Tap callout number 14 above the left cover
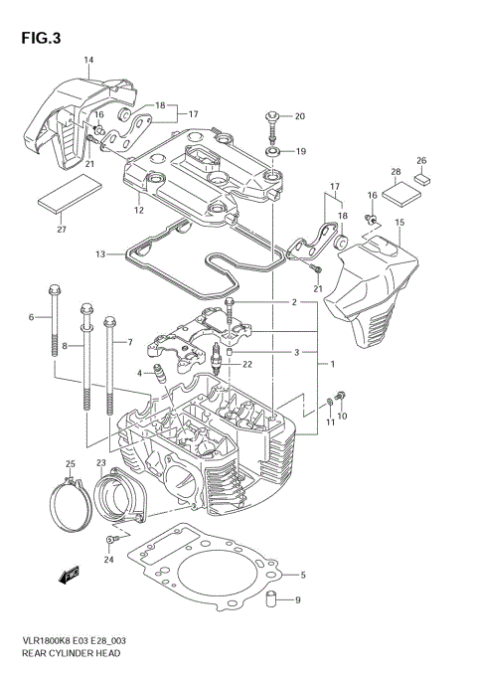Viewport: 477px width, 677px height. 88,61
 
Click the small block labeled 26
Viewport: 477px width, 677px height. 421,180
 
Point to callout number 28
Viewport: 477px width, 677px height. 396,173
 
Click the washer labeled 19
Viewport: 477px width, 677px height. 270,151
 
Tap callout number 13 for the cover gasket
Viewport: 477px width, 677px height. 100,255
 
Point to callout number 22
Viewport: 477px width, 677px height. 247,366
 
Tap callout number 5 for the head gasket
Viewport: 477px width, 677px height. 302,575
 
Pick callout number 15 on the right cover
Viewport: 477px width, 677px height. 398,222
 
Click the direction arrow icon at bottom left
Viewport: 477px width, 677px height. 71,574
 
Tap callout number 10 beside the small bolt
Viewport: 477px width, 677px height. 343,416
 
